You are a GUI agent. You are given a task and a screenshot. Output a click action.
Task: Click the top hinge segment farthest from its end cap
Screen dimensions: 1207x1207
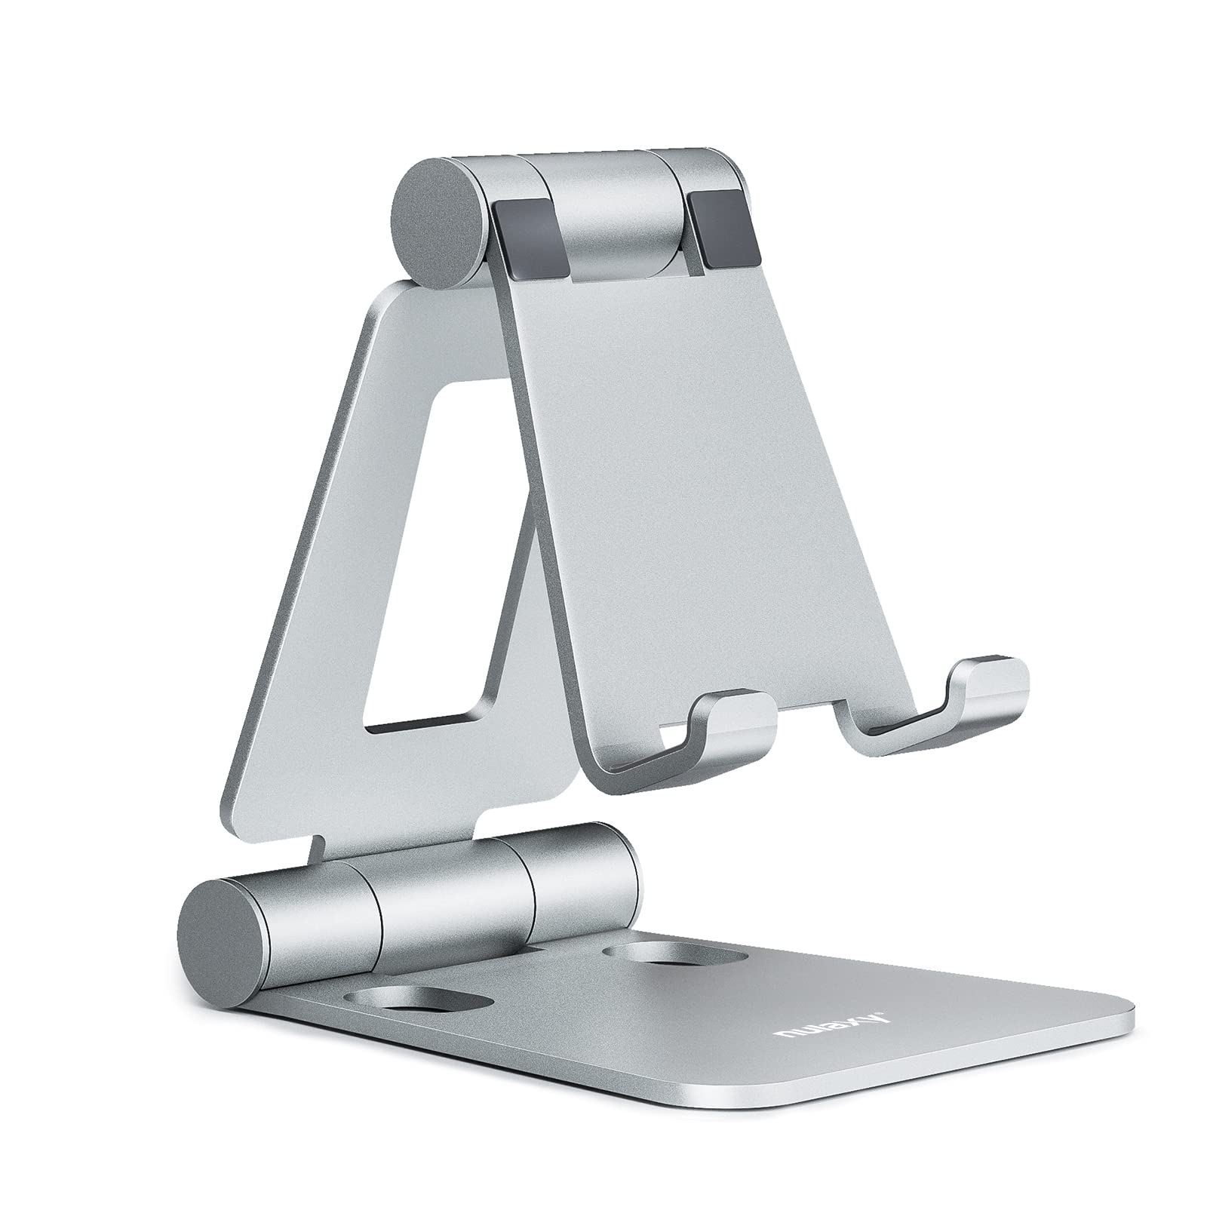[x=705, y=189]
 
